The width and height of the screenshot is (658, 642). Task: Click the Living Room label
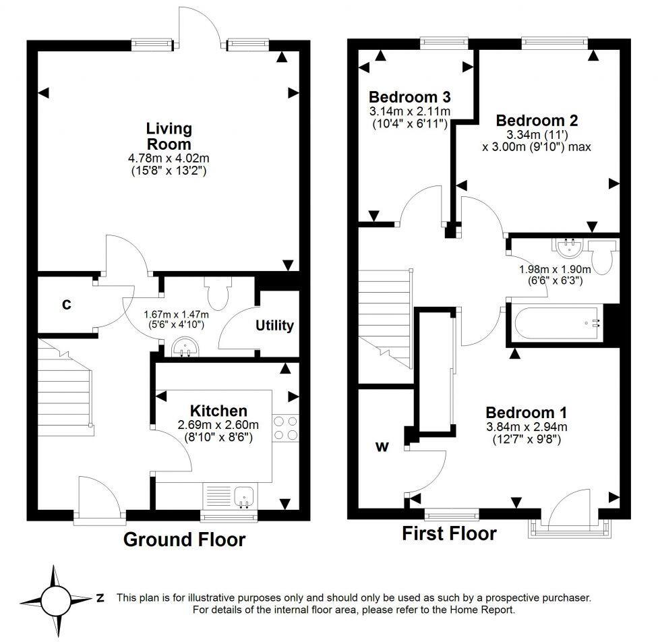(x=169, y=136)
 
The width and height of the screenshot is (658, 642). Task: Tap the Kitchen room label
(x=218, y=411)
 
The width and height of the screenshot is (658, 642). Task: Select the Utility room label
(x=274, y=326)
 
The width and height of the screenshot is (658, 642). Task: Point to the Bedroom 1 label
(x=526, y=412)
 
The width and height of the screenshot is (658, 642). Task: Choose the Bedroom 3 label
(x=409, y=96)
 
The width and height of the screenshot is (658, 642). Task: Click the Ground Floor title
(x=184, y=539)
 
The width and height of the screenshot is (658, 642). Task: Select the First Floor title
(x=449, y=533)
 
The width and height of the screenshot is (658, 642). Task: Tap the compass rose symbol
(x=56, y=598)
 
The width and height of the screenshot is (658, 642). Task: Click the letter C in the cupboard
(x=66, y=305)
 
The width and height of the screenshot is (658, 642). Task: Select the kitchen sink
(x=243, y=498)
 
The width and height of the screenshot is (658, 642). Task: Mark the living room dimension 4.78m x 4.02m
(x=169, y=159)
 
